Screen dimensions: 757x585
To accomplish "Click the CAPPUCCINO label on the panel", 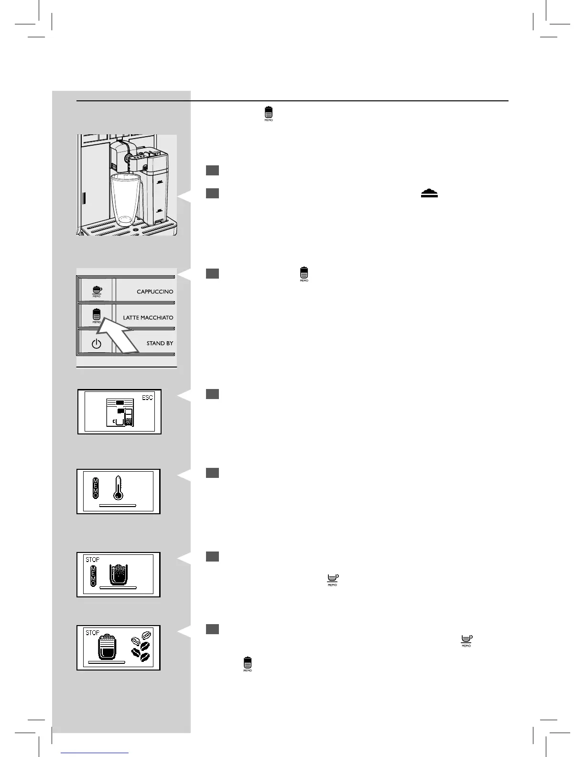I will click(155, 292).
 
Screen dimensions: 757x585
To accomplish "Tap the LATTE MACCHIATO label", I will click(148, 317).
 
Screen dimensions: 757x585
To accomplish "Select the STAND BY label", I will click(160, 343).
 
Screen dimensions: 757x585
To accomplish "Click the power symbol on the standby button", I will click(97, 343).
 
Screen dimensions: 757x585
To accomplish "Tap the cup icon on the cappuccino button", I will click(97, 290).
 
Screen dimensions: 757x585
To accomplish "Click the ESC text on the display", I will click(147, 398).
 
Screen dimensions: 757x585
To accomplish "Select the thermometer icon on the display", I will click(118, 487).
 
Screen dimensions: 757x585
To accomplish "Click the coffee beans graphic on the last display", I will click(140, 646).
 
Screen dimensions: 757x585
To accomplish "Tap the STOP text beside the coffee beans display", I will click(92, 633).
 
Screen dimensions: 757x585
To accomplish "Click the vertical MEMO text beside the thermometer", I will click(96, 487).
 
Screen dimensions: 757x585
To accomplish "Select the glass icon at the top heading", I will click(269, 113).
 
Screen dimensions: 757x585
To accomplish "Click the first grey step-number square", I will click(213, 171).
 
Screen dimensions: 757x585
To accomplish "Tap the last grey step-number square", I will click(213, 629).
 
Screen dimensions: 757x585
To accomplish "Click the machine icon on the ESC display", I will click(119, 412).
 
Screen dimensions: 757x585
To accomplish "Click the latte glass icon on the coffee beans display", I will click(106, 646).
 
